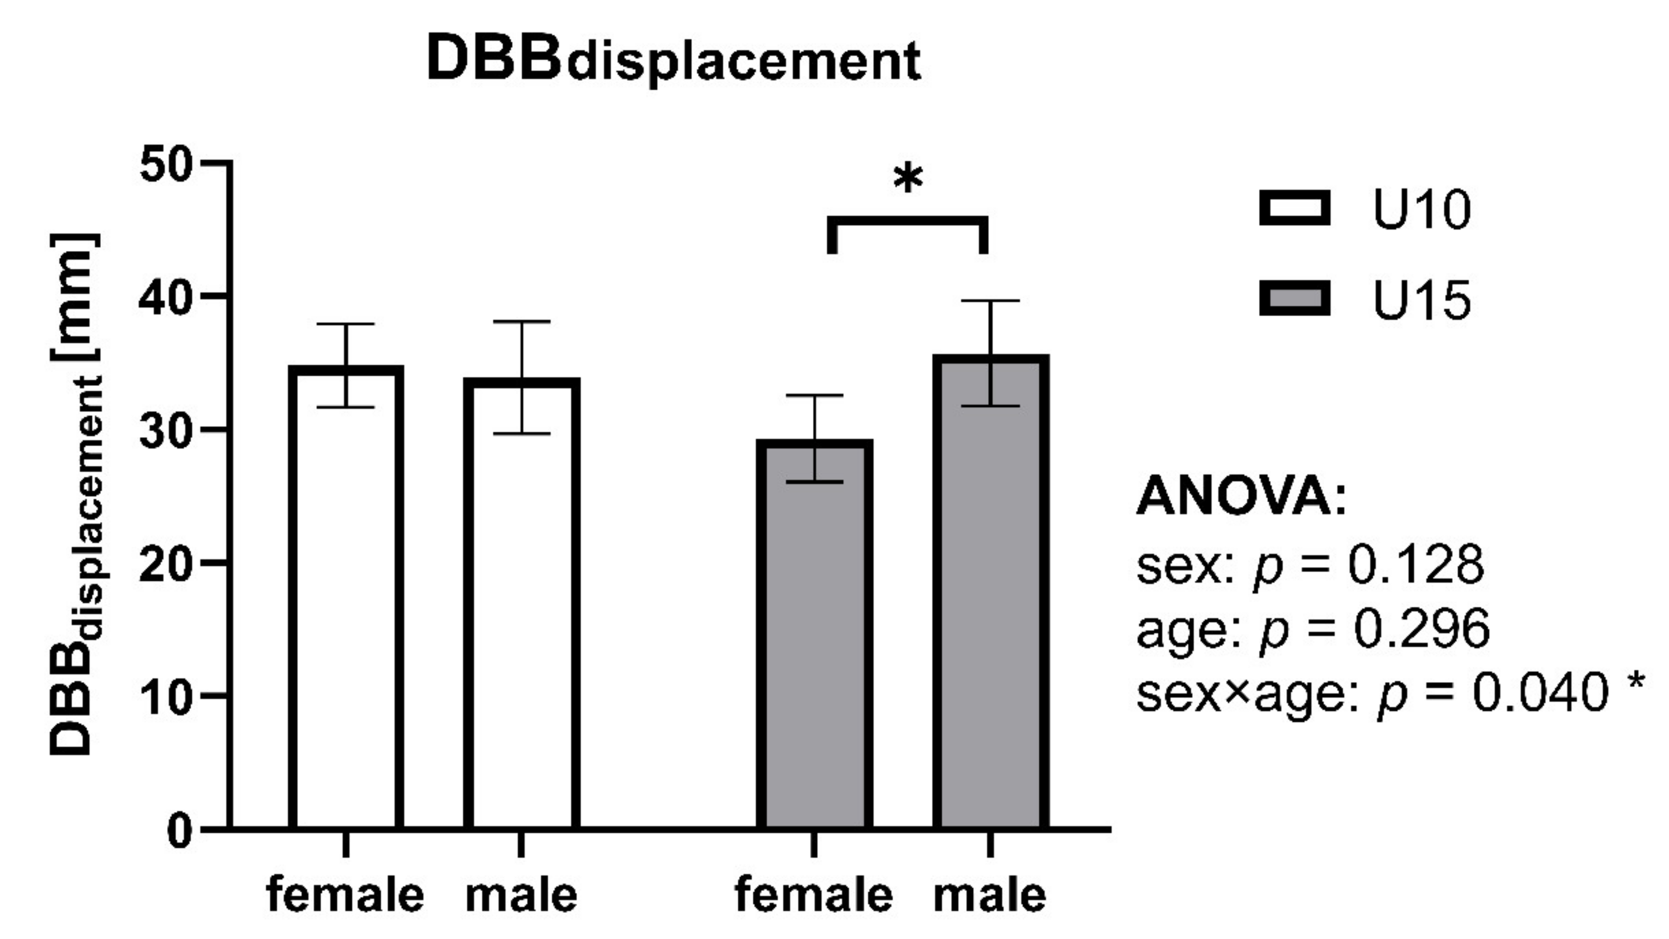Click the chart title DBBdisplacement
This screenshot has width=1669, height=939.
(x=674, y=62)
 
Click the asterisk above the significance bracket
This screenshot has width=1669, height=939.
(x=908, y=178)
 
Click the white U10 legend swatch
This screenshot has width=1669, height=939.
(x=1294, y=209)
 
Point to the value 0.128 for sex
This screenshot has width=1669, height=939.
(x=1416, y=565)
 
